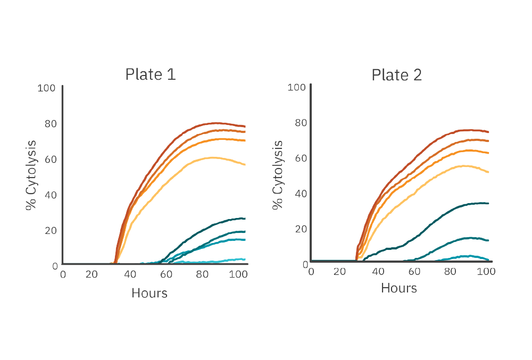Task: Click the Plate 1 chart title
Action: pos(151,74)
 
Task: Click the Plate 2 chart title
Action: pos(397,75)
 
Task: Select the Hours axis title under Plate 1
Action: pos(149,292)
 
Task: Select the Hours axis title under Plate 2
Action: pos(399,288)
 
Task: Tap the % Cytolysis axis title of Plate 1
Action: pos(32,175)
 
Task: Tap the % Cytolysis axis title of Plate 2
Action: pos(278,175)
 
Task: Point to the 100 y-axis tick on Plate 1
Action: pos(46,88)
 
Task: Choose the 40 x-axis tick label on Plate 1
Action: pos(130,274)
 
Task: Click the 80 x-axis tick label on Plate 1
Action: pos(202,274)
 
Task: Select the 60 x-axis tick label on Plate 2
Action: pos(414,271)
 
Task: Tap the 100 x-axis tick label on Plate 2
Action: pos(486,271)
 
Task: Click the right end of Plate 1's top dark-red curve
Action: pos(245,127)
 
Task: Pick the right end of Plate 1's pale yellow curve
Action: pos(245,165)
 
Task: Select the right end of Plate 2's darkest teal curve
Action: pos(488,203)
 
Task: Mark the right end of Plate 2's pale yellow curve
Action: pos(488,172)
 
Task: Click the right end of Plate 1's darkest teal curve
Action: pos(245,219)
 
